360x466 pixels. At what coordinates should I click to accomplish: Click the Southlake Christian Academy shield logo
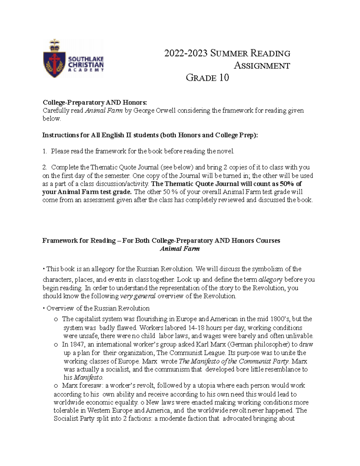(x=54, y=59)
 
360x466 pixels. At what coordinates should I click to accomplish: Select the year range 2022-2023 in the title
(x=186, y=53)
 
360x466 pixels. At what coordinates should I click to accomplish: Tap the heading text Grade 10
(x=207, y=78)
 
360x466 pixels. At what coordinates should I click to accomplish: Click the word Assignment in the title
(x=262, y=65)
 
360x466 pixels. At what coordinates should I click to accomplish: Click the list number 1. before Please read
(x=45, y=151)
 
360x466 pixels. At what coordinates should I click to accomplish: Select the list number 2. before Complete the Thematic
(x=45, y=167)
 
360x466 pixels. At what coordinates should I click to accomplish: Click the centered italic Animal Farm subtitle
(x=180, y=248)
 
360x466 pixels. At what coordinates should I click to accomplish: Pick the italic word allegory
(x=270, y=279)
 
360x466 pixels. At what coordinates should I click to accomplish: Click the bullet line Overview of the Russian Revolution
(x=98, y=308)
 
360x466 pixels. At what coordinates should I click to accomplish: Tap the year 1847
(x=77, y=344)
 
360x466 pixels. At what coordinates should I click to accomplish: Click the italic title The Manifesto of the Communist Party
(x=234, y=361)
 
